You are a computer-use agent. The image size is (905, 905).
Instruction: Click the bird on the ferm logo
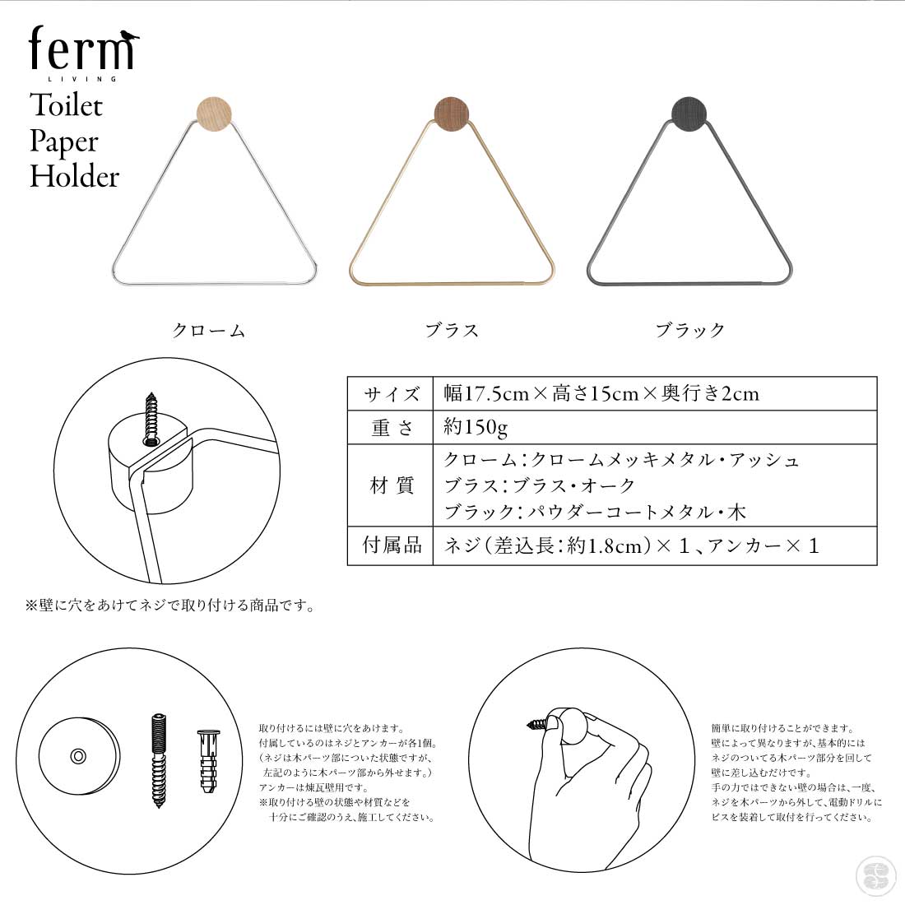(x=130, y=37)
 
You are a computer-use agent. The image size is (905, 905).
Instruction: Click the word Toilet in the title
(x=66, y=105)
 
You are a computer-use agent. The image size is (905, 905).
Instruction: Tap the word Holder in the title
(x=74, y=176)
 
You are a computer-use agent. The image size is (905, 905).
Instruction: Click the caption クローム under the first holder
(x=208, y=330)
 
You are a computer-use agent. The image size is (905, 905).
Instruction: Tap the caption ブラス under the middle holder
(x=452, y=330)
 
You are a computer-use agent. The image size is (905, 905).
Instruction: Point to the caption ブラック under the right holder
(x=690, y=330)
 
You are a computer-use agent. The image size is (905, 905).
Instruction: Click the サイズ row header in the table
(x=391, y=394)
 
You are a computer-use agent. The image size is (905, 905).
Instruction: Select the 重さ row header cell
(x=391, y=428)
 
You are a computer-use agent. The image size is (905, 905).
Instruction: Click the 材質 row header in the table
(x=391, y=485)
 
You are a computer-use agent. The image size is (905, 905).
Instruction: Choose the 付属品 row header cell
(x=391, y=545)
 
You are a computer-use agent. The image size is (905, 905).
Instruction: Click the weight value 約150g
(x=476, y=427)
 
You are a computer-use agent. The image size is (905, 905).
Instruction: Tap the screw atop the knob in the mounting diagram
(x=151, y=420)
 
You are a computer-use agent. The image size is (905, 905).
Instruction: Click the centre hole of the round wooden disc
(x=78, y=756)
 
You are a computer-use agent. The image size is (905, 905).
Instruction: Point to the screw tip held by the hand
(x=529, y=724)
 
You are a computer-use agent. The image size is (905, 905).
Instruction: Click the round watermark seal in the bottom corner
(x=875, y=875)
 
